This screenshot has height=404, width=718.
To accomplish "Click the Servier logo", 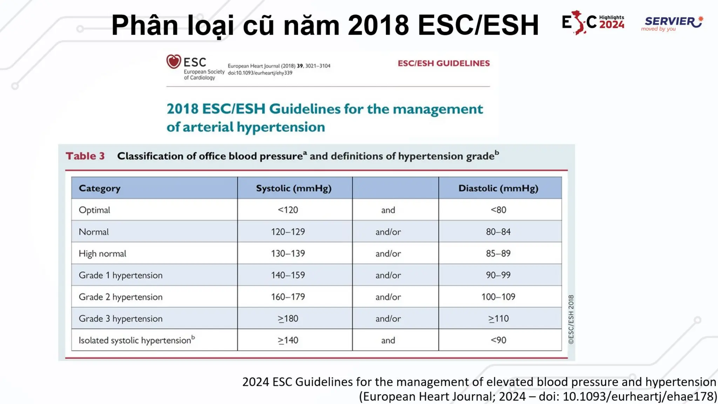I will tap(672, 23).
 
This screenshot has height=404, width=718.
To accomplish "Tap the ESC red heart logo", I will tap(174, 61).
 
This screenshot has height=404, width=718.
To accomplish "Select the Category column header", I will tap(100, 188).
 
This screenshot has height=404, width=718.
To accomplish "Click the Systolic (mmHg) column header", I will tap(294, 188).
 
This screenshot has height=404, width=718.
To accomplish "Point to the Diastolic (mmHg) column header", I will tap(498, 188).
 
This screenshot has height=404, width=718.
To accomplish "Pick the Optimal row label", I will tap(94, 210).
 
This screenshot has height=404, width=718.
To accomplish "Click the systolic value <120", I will tap(288, 210).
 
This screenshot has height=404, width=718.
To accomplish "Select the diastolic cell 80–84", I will tap(498, 232).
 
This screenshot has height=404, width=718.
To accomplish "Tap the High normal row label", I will tap(102, 254).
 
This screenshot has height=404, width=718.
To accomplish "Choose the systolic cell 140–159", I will tap(288, 275).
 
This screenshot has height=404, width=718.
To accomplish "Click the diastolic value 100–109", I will tap(498, 297).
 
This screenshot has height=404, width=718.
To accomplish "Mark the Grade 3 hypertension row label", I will tap(121, 319).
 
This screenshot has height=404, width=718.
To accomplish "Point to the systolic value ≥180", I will tap(288, 319).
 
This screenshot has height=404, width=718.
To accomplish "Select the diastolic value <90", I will tap(498, 340).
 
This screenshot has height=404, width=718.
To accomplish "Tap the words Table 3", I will tap(85, 156).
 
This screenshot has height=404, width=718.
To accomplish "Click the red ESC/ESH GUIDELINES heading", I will tap(443, 63).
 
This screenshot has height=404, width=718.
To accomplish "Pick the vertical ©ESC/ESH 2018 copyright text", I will tap(571, 319).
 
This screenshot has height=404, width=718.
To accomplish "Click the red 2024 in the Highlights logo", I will tap(612, 25).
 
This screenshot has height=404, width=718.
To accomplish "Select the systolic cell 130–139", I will tap(288, 254).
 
